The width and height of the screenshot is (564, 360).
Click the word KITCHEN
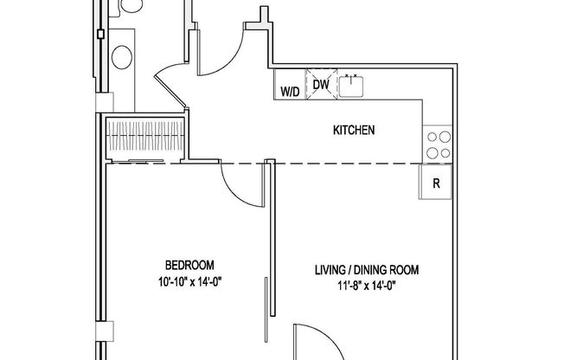pos(354,132)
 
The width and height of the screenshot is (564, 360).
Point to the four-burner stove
pos(438,144)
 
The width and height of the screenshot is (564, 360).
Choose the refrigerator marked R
pos(436,183)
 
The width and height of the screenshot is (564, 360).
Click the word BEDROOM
pos(189,265)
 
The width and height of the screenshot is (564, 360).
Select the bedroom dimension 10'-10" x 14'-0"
pos(189,281)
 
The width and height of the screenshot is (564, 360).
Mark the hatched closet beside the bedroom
pos(144,136)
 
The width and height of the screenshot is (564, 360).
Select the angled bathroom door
pos(170,92)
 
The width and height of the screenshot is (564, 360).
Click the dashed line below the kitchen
pos(346,163)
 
